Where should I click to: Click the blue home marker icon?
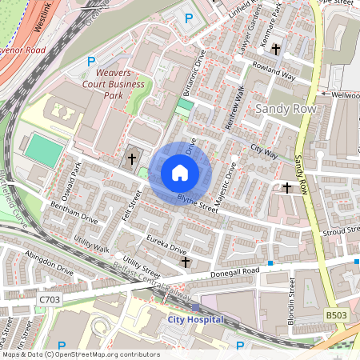click(x=180, y=173)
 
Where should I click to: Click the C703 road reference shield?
click(x=50, y=298)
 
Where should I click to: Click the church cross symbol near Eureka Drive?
click(x=186, y=262)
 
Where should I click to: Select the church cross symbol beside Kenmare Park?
click(x=276, y=50)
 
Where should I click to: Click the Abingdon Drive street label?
click(x=49, y=262)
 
